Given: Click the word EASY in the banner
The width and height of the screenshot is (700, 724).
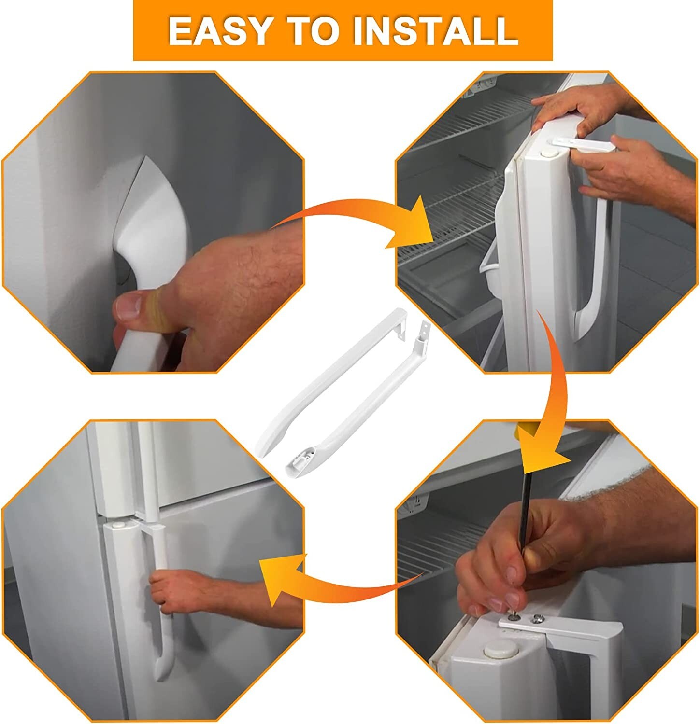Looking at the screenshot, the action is pos(219,31).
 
